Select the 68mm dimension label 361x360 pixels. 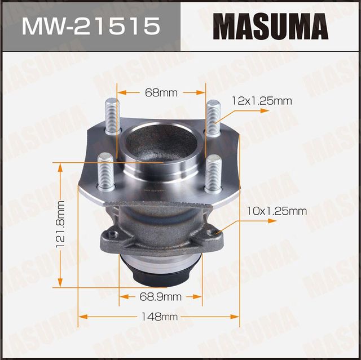tap(161, 92)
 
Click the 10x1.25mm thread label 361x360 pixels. tap(276, 211)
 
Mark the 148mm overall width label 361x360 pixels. tap(161, 317)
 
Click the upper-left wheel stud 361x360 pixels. tap(112, 115)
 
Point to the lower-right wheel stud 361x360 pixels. tap(213, 172)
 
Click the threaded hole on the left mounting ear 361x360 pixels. tap(113, 233)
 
